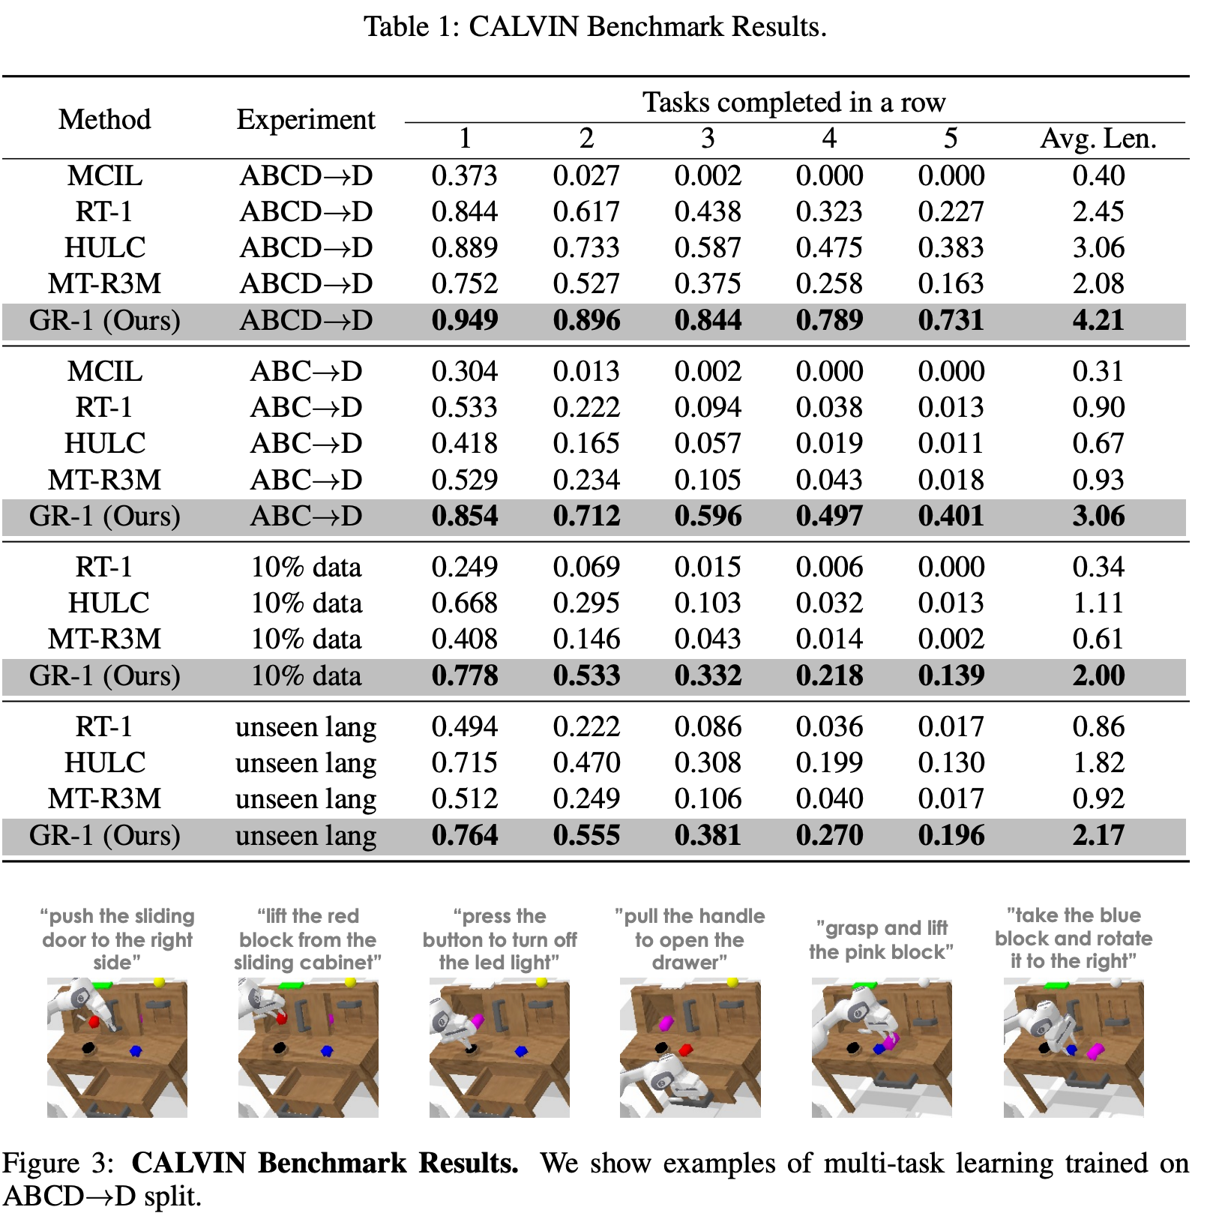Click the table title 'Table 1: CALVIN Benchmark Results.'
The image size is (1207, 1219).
595,27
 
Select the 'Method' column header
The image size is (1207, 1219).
104,119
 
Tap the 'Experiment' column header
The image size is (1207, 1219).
306,119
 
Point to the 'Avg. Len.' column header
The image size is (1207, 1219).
1098,139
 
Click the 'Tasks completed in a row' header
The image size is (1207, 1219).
794,102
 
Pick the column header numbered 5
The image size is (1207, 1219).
951,139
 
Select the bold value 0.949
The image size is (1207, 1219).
465,320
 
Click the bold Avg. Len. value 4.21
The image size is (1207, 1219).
1098,320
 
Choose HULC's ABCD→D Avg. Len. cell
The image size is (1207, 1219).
1098,247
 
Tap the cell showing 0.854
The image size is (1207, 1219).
465,516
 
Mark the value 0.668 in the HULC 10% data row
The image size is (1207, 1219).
465,603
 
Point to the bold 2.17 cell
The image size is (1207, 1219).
1098,835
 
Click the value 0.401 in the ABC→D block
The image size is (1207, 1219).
951,516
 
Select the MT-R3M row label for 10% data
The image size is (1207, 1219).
104,639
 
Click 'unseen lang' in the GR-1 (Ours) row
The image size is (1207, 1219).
306,835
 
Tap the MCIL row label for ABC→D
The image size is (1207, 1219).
104,371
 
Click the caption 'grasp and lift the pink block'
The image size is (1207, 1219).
881,940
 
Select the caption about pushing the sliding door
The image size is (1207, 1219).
118,939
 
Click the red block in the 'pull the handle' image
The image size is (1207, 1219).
685,1050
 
